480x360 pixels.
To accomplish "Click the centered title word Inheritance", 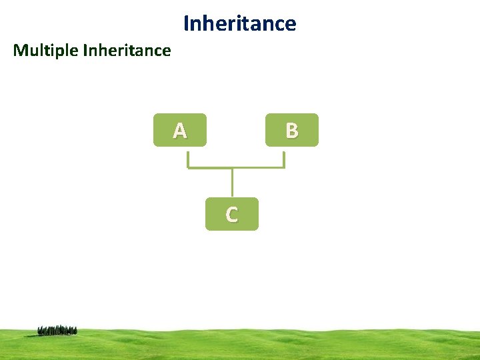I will [239, 24].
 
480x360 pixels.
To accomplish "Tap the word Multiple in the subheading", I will [45, 50].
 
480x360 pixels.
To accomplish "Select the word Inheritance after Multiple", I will [127, 50].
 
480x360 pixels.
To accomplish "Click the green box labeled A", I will [179, 130].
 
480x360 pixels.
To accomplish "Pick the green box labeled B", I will [291, 130].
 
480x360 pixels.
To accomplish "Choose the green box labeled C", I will [231, 214].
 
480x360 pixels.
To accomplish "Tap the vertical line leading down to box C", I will [232, 183].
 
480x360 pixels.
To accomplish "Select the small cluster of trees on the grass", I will [57, 329].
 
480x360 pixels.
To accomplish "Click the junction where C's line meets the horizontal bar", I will [232, 167].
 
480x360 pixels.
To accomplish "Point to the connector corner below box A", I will [188, 167].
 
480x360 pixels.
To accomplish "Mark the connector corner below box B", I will [284, 167].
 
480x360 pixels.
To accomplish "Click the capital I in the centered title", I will [186, 24].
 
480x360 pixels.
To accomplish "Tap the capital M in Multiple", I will [20, 50].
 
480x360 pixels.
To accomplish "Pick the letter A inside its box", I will [179, 131].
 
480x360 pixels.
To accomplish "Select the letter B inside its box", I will [291, 131].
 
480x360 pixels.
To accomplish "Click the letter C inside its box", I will [231, 215].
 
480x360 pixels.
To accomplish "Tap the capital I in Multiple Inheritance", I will [85, 50].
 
